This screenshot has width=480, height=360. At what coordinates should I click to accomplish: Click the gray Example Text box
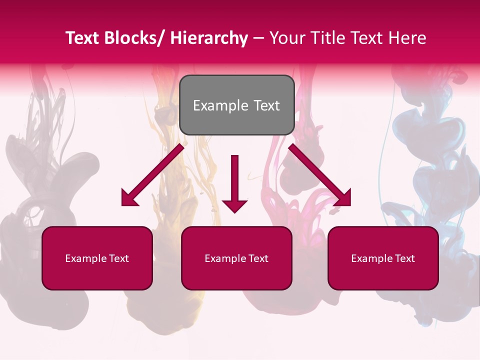click(236, 105)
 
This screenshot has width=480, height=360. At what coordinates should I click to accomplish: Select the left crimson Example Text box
click(97, 258)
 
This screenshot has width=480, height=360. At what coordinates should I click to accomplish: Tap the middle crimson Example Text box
click(236, 258)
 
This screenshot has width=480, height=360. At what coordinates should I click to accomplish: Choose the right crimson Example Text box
click(383, 258)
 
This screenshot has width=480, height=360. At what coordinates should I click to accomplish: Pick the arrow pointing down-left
click(152, 175)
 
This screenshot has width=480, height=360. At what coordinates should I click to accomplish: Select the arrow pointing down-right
click(320, 175)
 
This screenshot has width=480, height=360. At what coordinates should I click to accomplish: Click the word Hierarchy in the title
click(208, 38)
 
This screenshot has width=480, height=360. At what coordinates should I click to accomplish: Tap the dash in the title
click(258, 39)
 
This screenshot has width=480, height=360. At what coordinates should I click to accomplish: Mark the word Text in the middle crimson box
click(258, 258)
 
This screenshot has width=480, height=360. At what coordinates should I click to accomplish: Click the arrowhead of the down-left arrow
click(128, 199)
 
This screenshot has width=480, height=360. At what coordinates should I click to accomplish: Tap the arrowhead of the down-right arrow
click(344, 199)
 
